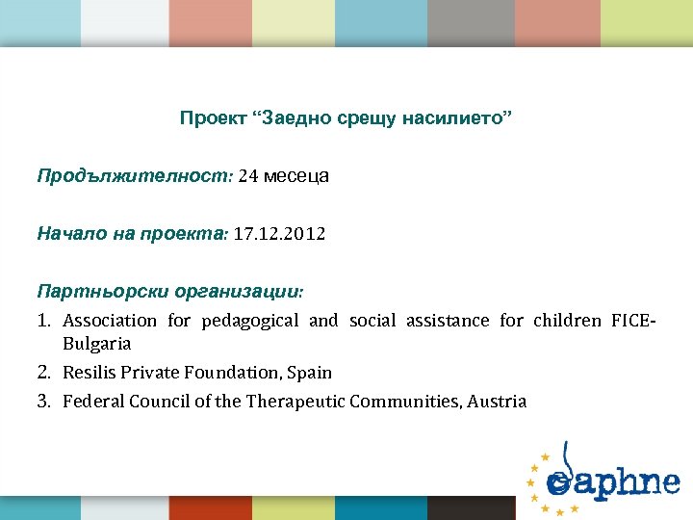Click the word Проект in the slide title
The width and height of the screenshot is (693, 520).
pyautogui.click(x=211, y=118)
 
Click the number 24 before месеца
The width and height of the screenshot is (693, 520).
pyautogui.click(x=247, y=176)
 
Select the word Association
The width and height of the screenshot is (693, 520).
pyautogui.click(x=109, y=321)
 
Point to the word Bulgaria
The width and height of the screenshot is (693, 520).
pyautogui.click(x=96, y=344)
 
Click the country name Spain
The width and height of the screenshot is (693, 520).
pyautogui.click(x=310, y=373)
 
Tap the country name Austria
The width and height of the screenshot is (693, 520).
pyautogui.click(x=497, y=402)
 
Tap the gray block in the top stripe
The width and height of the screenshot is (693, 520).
pyautogui.click(x=470, y=21)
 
